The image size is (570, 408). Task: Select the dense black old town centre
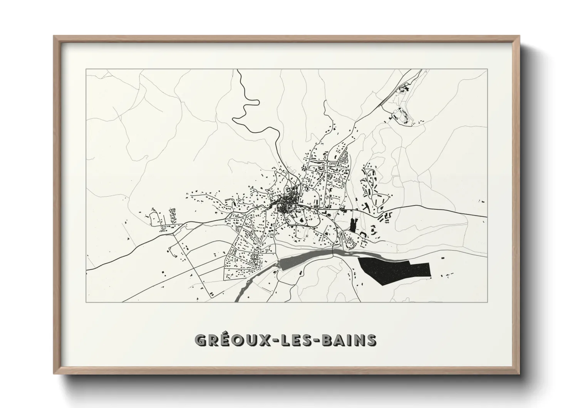pyautogui.click(x=287, y=202)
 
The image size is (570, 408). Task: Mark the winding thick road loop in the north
pyautogui.click(x=246, y=108)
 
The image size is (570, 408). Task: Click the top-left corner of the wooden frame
pyautogui.click(x=54, y=36)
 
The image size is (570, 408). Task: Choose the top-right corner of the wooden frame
pyautogui.click(x=519, y=36)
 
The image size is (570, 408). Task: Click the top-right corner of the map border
pyautogui.click(x=487, y=69)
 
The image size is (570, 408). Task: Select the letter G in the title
pyautogui.click(x=201, y=340)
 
